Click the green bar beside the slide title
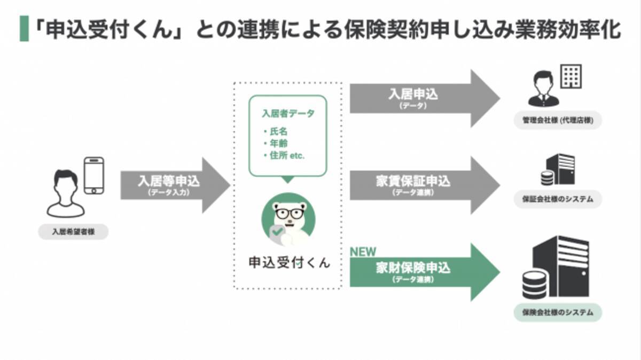pyautogui.click(x=24, y=29)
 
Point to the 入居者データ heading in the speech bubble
pyautogui.click(x=288, y=114)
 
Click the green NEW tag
pyautogui.click(x=363, y=252)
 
